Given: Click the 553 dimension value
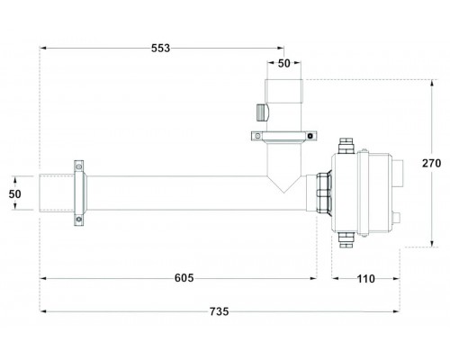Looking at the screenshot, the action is pyautogui.click(x=160, y=48).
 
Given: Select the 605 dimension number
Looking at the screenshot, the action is pyautogui.click(x=184, y=278).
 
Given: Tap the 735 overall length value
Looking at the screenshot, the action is pyautogui.click(x=219, y=311).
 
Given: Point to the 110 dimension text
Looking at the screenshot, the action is pyautogui.click(x=365, y=279).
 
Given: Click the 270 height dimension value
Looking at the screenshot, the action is pyautogui.click(x=431, y=163).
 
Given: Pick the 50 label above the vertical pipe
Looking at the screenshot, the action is pyautogui.click(x=283, y=63).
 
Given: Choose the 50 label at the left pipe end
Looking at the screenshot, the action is pyautogui.click(x=14, y=194).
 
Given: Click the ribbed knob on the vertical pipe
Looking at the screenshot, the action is pyautogui.click(x=262, y=112).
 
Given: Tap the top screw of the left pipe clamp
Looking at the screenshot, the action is pyautogui.click(x=79, y=166).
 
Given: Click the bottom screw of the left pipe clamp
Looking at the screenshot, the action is pyautogui.click(x=79, y=220).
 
